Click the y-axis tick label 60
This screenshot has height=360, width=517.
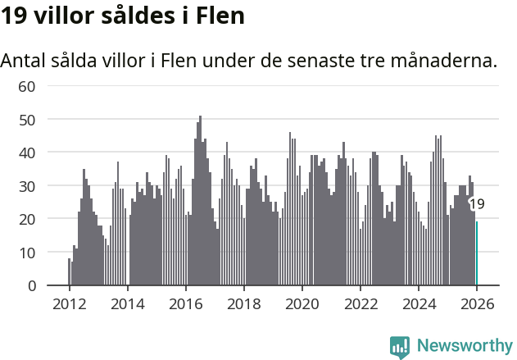click(x=27, y=86)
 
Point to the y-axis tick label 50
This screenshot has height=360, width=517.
click(x=27, y=120)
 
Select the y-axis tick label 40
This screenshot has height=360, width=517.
click(x=27, y=153)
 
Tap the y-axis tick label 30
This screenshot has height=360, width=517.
click(x=27, y=186)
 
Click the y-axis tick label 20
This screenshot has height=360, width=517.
click(x=27, y=219)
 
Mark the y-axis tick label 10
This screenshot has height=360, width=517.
click(x=27, y=253)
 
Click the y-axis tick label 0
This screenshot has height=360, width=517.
click(x=31, y=286)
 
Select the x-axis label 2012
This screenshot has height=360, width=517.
click(x=69, y=303)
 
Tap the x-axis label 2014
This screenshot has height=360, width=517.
click(x=127, y=303)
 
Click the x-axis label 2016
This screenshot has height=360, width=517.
click(x=185, y=303)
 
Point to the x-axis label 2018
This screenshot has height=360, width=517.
click(x=243, y=303)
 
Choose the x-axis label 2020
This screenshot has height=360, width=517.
click(x=302, y=303)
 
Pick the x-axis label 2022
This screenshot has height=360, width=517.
click(x=361, y=303)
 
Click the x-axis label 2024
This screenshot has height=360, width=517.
click(x=419, y=303)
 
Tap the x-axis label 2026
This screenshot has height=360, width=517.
click(x=477, y=303)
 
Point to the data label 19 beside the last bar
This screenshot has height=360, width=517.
click(x=476, y=204)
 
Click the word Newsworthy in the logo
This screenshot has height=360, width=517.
click(x=465, y=345)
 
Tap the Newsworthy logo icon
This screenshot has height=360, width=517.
click(x=400, y=346)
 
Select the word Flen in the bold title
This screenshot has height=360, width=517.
click(x=220, y=16)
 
